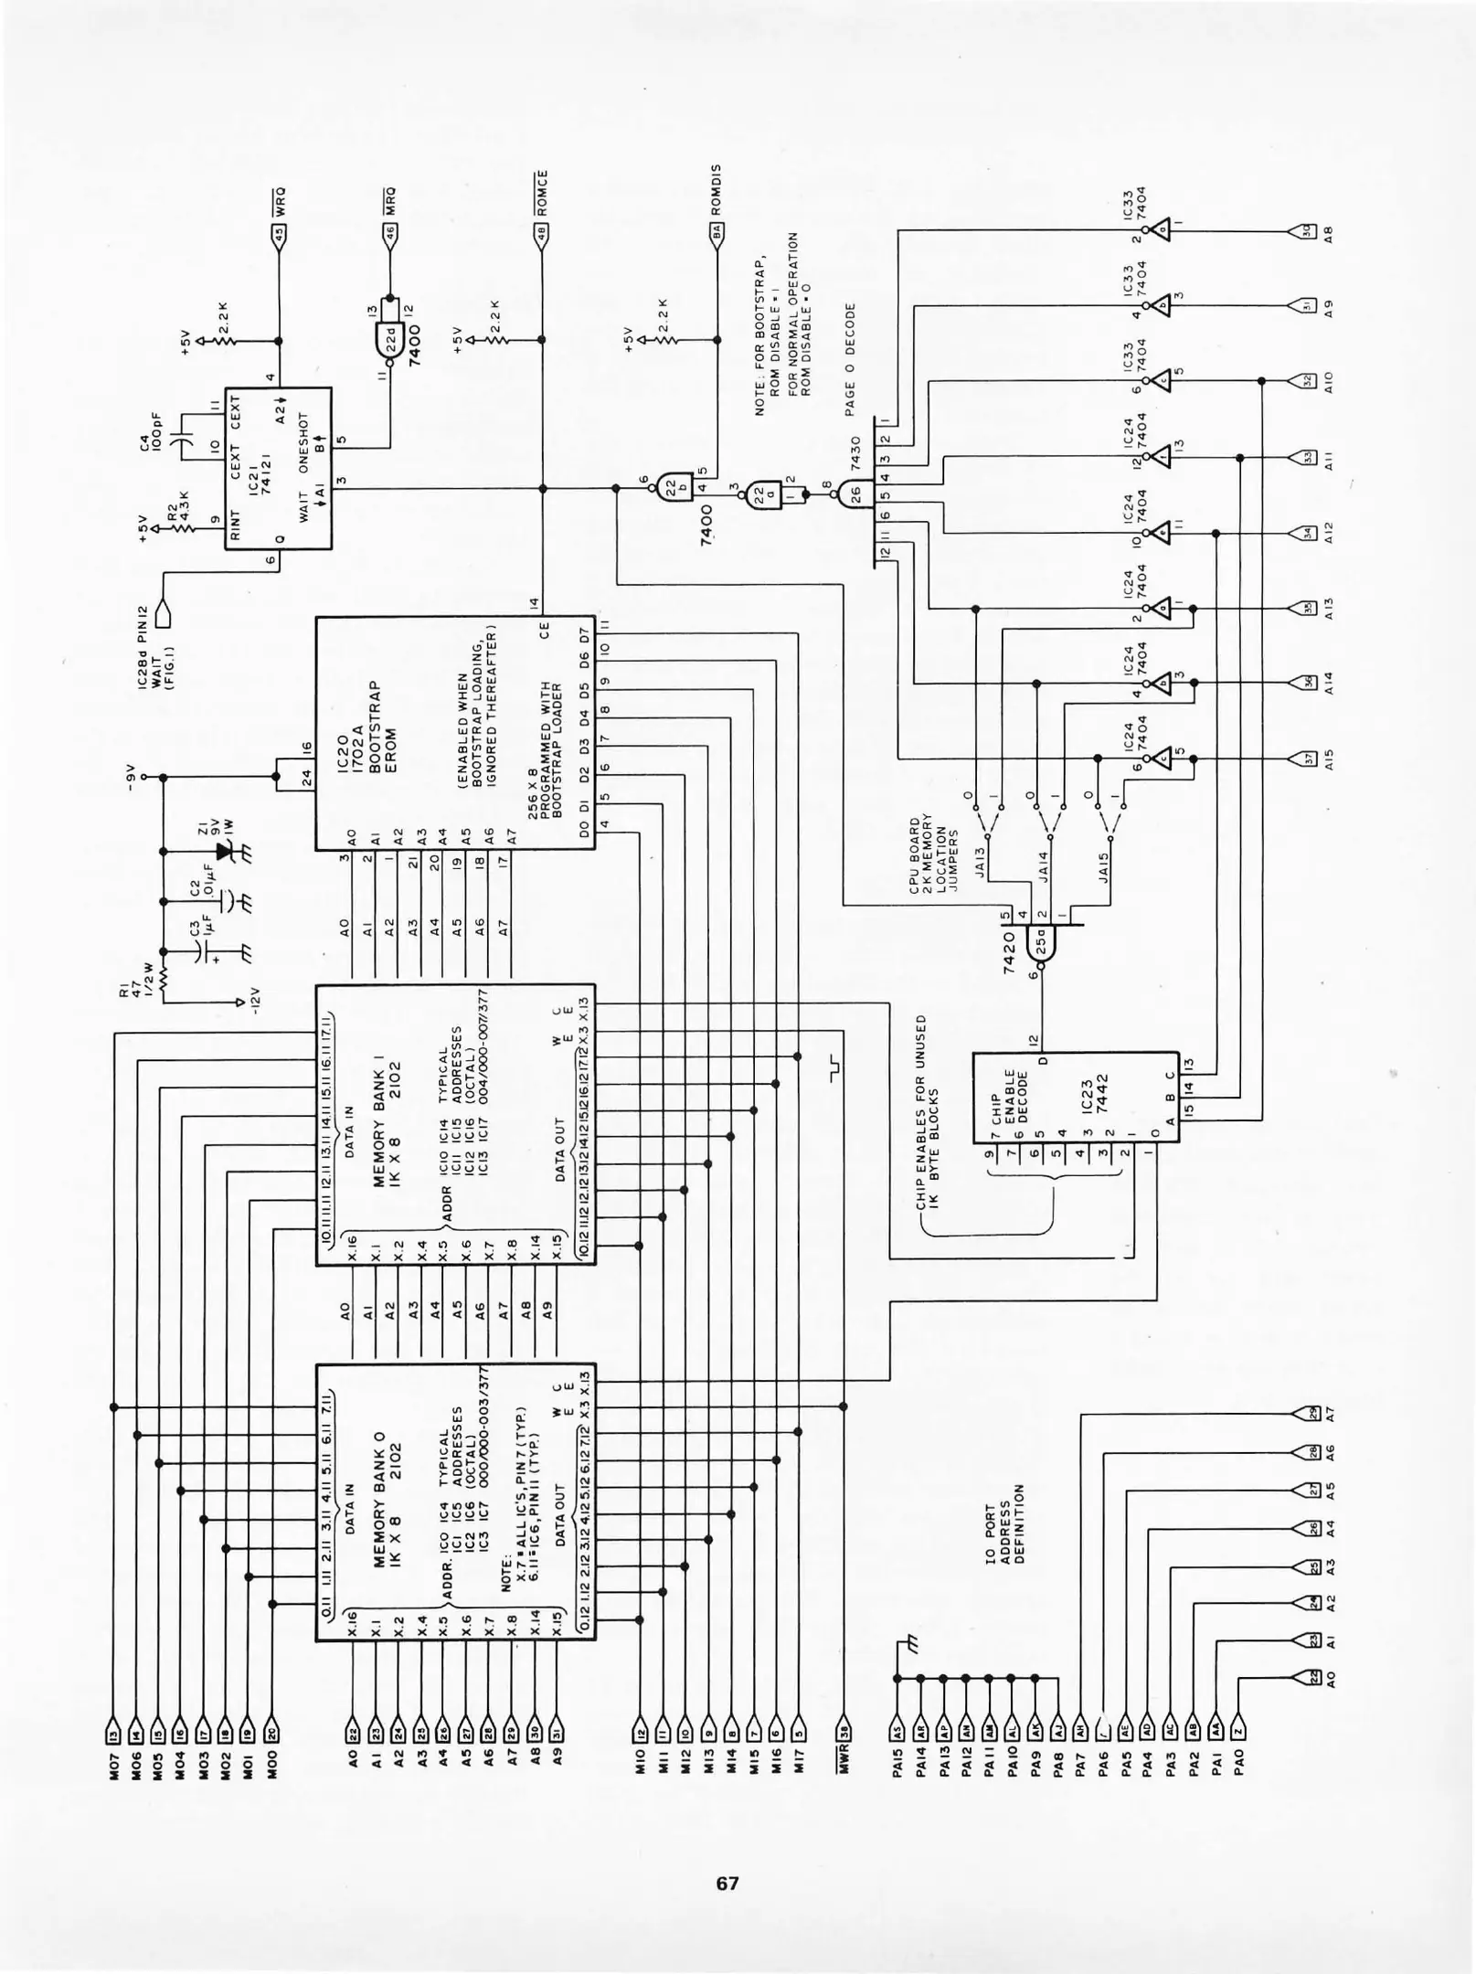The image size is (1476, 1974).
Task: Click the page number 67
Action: point(727,1884)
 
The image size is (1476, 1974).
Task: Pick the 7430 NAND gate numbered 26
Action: point(856,493)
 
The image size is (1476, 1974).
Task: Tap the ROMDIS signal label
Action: point(716,190)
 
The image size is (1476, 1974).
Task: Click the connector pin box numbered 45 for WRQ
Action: point(279,233)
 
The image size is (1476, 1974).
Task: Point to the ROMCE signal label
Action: point(542,193)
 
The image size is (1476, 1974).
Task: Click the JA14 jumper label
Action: point(1044,868)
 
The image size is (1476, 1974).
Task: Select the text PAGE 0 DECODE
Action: point(850,359)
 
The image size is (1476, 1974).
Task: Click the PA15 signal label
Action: point(897,1777)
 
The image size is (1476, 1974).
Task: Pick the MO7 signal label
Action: point(113,1777)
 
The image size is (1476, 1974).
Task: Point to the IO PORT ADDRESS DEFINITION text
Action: point(1005,1523)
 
